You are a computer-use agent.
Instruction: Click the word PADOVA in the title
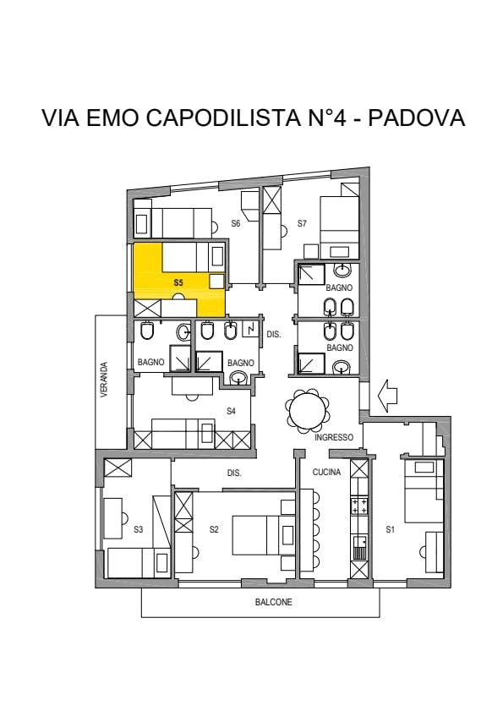(417, 118)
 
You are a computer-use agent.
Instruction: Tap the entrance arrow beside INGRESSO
(387, 396)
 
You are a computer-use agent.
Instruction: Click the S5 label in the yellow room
(178, 282)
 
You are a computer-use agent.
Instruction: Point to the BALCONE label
(274, 602)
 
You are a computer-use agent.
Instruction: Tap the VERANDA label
(104, 380)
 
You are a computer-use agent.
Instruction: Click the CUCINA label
(326, 472)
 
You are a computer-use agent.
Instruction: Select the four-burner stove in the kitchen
(359, 506)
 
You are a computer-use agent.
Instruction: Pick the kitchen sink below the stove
(359, 548)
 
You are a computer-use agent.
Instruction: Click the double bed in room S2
(258, 535)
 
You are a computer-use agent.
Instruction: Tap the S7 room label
(302, 223)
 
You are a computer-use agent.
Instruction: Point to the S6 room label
(235, 223)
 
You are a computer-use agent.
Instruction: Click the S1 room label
(391, 529)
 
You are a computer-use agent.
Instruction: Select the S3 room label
(139, 529)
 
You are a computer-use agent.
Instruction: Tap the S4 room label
(231, 411)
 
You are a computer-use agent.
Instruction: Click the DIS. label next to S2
(234, 473)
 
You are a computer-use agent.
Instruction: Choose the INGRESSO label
(334, 438)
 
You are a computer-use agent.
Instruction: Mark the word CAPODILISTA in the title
(224, 118)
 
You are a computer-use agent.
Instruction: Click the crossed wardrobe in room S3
(118, 468)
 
